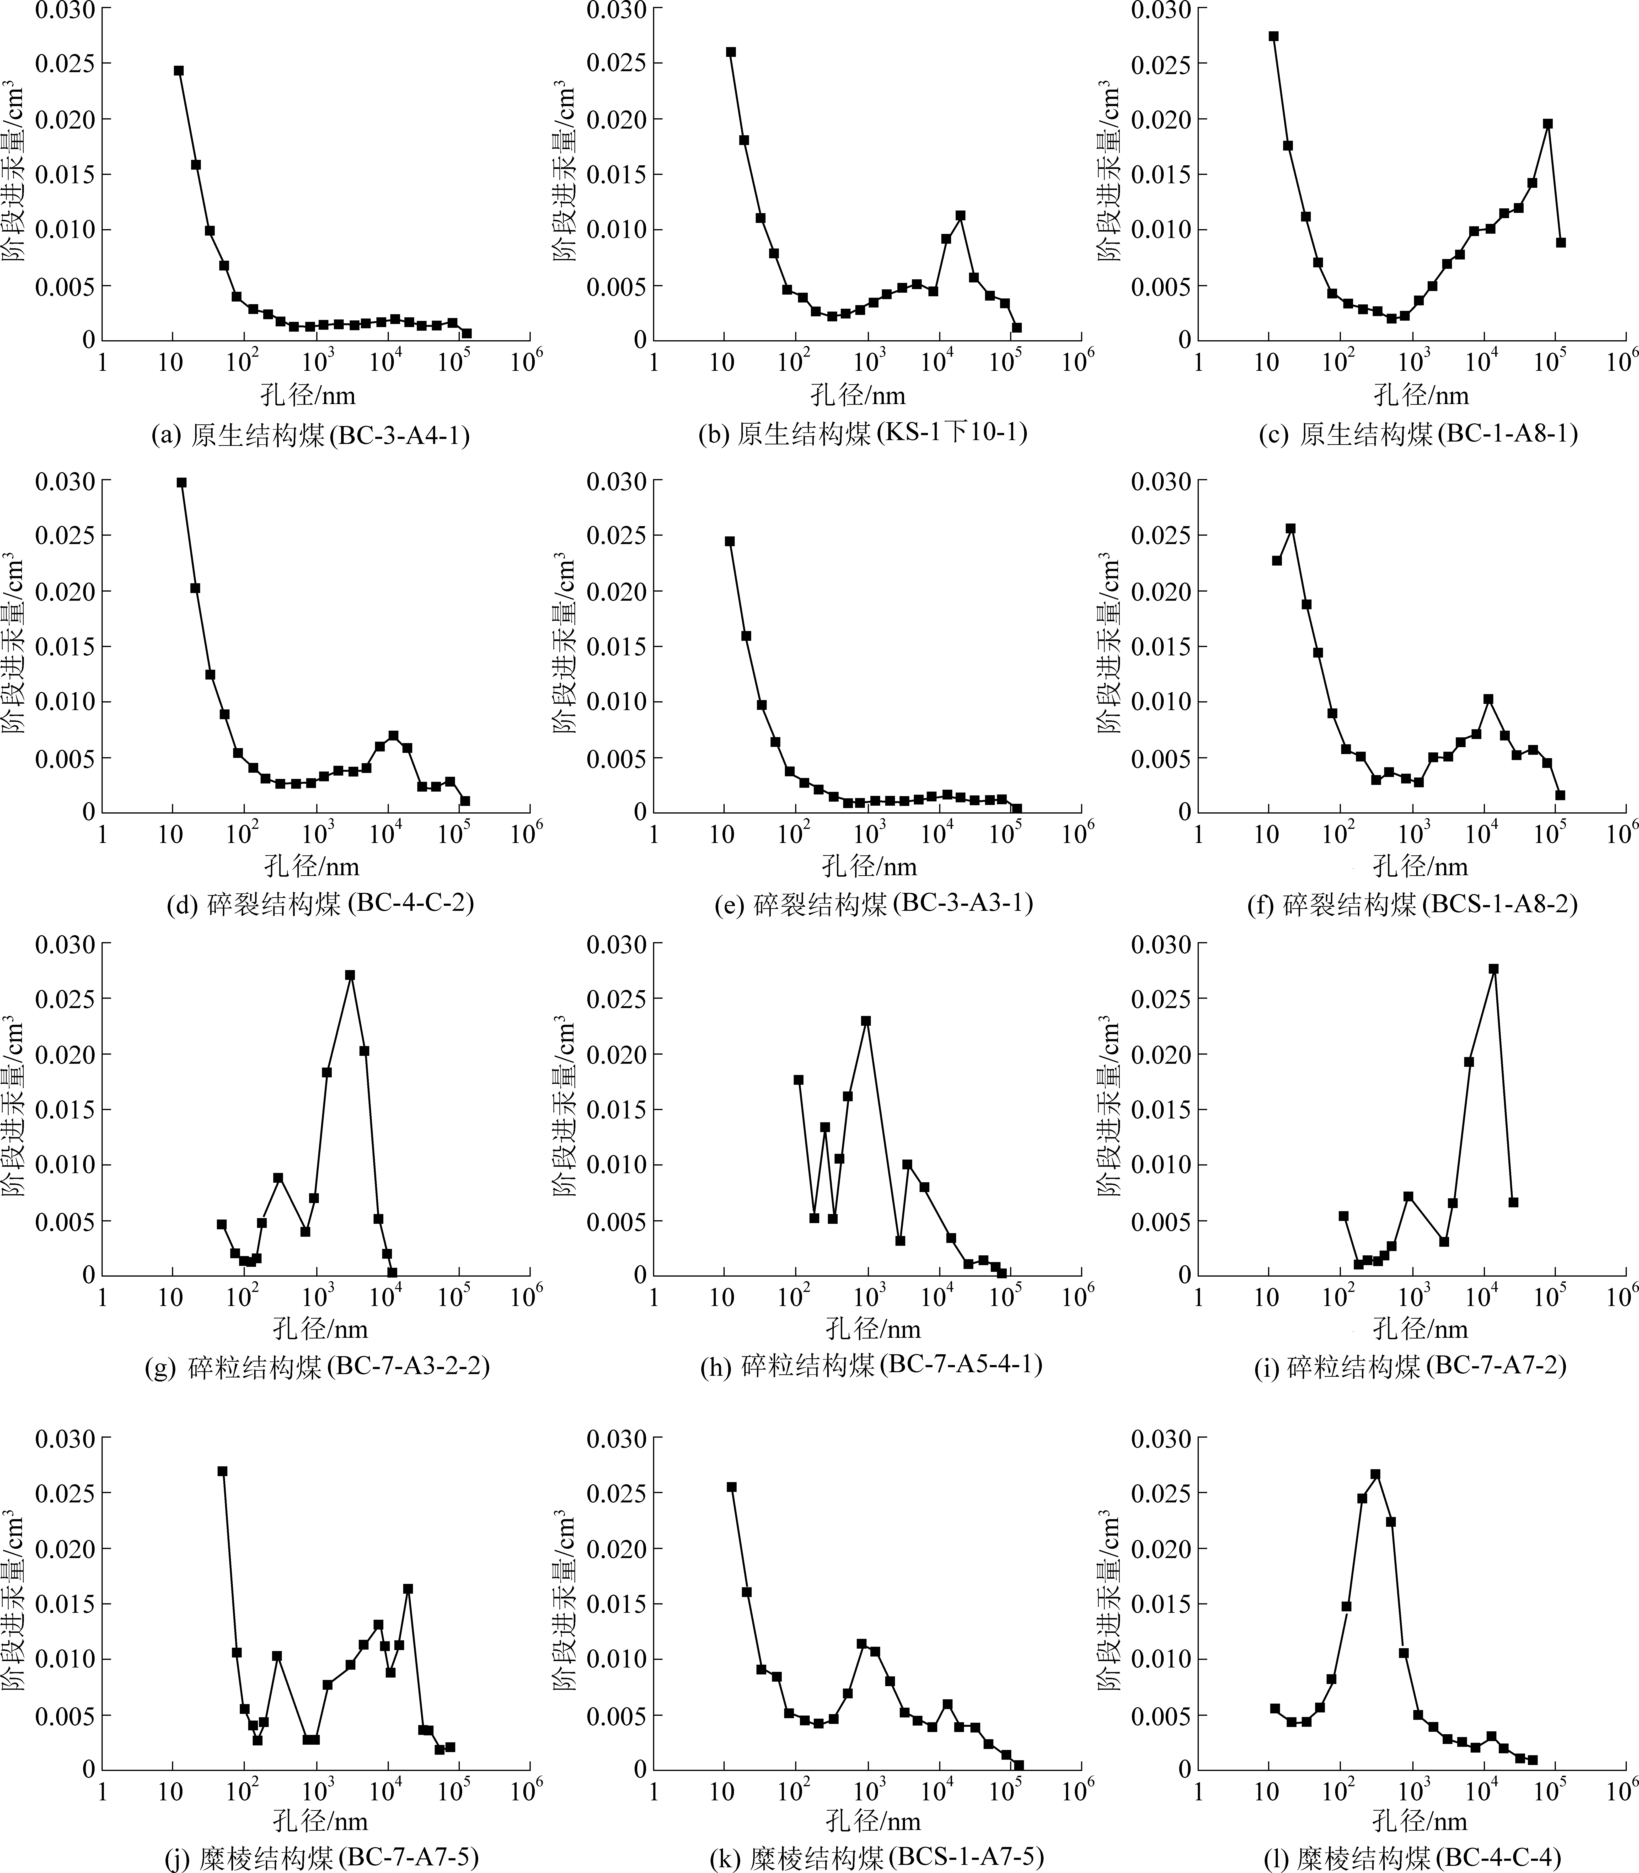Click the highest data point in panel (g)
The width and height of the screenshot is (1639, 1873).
click(349, 974)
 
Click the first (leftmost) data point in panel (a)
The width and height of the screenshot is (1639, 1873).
click(178, 70)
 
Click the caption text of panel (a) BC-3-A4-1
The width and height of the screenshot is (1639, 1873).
click(311, 436)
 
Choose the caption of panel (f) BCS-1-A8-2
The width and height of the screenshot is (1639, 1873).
click(1413, 905)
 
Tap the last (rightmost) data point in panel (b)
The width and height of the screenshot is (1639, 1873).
click(1016, 327)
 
